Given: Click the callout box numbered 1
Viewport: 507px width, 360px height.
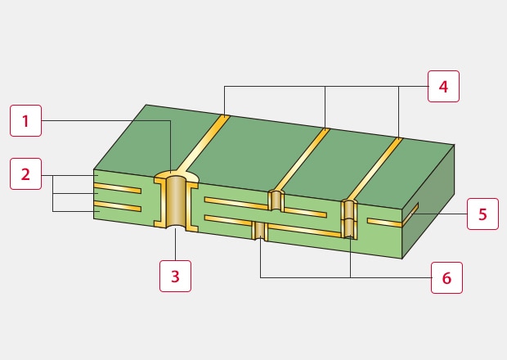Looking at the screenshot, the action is (26, 120).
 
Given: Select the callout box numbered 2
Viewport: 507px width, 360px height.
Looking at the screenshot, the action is (26, 174).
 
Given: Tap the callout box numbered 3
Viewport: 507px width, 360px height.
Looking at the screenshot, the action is (175, 277).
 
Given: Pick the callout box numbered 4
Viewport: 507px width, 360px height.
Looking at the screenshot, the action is (443, 87).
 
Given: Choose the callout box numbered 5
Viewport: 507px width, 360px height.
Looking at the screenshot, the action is (482, 214).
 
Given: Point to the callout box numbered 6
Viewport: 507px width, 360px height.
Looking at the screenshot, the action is (446, 278).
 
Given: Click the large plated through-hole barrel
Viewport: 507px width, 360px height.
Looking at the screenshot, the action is (176, 201).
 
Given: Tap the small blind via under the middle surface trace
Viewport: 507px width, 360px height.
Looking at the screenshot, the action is (276, 200).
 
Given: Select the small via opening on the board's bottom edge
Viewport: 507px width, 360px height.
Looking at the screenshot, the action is (260, 231).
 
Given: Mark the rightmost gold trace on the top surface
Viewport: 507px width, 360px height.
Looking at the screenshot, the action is (375, 169).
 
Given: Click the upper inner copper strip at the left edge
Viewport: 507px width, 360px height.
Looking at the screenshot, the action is (118, 188).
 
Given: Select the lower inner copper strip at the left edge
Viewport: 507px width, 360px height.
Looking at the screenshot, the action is (118, 206).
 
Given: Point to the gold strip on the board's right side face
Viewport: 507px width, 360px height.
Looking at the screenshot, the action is (411, 214).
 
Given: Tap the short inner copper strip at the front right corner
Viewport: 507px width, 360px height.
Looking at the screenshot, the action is (384, 223).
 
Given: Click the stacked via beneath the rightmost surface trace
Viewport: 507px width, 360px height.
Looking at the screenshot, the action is (349, 219).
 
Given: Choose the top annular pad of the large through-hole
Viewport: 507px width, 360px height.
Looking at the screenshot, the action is (177, 177).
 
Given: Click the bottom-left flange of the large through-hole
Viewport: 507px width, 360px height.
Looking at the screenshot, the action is (159, 223).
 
